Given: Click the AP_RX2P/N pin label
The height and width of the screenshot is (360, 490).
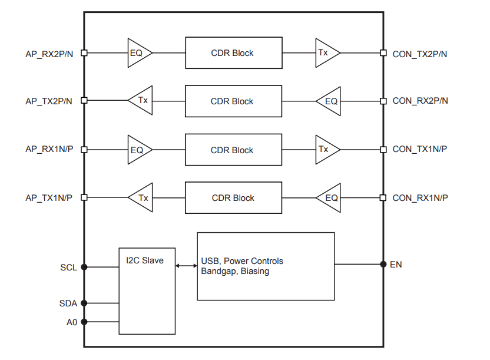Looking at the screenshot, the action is pos(49,54).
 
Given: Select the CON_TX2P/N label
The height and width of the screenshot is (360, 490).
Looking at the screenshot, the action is pos(419,54).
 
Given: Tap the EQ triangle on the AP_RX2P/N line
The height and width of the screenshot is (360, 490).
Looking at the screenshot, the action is pos(140,53).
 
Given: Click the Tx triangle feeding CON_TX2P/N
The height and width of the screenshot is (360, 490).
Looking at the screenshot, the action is pos(327,53).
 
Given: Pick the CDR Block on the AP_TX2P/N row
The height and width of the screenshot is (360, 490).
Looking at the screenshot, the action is pos(233,101).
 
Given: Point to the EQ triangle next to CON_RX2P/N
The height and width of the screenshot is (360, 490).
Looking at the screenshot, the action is pos(329,101).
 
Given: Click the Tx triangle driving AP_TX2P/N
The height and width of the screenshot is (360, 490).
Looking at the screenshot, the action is pos(140,100).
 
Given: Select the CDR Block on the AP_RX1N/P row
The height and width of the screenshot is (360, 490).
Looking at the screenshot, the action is pos(233,150).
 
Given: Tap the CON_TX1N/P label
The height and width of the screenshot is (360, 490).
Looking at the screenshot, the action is pos(419,149).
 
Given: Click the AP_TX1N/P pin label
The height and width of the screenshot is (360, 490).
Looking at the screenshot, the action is pos(49,198).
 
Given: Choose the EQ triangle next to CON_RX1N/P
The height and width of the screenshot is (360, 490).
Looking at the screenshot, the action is pos(329,198).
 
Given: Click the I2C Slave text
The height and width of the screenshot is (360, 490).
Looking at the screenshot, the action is pos(145,260).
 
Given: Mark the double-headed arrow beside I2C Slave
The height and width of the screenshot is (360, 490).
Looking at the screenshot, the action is pos(186,266).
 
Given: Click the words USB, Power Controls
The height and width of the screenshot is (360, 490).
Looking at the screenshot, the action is pos(242,261).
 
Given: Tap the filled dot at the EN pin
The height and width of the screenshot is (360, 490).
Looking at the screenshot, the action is pos(383,264).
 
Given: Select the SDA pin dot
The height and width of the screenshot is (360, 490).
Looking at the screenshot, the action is pos(84,303).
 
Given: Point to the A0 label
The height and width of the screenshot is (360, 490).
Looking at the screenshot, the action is pos(72,322).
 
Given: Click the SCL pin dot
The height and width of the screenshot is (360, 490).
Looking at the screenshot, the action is pos(84,267).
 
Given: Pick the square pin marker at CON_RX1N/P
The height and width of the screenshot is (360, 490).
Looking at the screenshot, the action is pos(383,197).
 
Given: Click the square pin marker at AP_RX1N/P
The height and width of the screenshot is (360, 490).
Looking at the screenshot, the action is pos(84,150).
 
